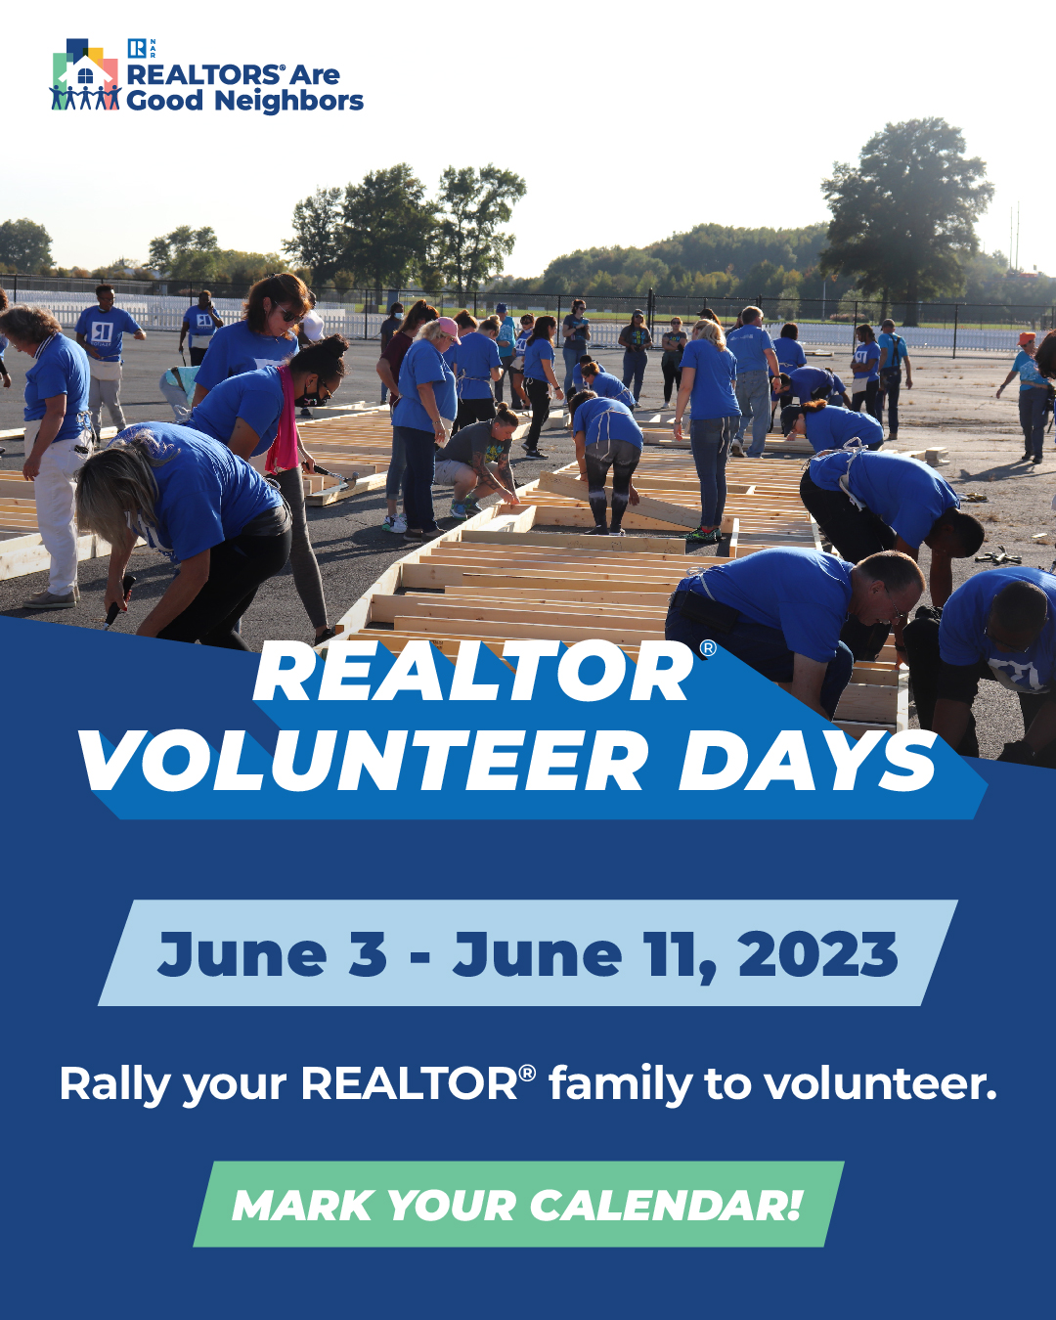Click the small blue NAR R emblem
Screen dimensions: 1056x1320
click(x=136, y=49)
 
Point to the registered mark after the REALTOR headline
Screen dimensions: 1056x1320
click(x=708, y=649)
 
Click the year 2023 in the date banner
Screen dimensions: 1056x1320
click(x=817, y=954)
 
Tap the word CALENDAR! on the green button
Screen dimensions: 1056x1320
click(x=666, y=1206)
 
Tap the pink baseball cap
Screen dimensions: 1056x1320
click(x=449, y=330)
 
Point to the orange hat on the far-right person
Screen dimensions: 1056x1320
click(x=1027, y=338)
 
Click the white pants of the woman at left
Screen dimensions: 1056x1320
click(x=57, y=515)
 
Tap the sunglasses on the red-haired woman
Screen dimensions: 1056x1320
click(x=289, y=314)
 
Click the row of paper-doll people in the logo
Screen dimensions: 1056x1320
click(x=85, y=97)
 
